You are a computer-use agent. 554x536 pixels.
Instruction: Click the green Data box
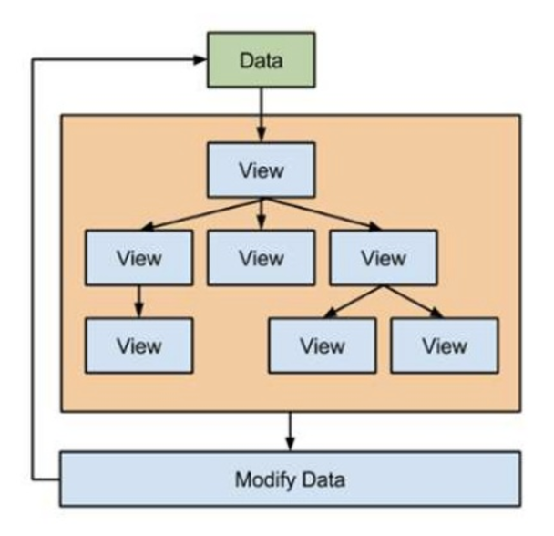[262, 60]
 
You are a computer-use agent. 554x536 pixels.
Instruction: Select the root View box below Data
[262, 170]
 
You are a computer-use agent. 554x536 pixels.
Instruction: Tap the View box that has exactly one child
[138, 257]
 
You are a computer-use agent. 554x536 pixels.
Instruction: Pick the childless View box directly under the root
[262, 257]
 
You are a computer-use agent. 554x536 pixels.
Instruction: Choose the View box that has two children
[383, 257]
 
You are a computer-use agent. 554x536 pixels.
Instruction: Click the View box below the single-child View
[138, 345]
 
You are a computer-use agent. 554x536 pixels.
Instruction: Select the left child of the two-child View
[323, 345]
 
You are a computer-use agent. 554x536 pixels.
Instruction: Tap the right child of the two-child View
[445, 345]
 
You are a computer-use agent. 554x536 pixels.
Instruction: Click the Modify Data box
[291, 479]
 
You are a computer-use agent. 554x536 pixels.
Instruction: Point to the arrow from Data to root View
[262, 114]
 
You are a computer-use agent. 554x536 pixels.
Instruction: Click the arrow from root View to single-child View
[200, 213]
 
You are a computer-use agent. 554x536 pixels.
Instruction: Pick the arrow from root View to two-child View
[322, 213]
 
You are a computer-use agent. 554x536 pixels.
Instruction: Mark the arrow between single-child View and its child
[138, 302]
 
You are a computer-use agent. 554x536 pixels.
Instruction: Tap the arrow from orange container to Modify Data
[291, 430]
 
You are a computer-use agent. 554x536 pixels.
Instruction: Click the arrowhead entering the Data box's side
[199, 60]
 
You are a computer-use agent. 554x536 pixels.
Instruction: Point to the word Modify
[263, 479]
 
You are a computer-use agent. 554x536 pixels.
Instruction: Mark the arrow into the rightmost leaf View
[415, 302]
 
